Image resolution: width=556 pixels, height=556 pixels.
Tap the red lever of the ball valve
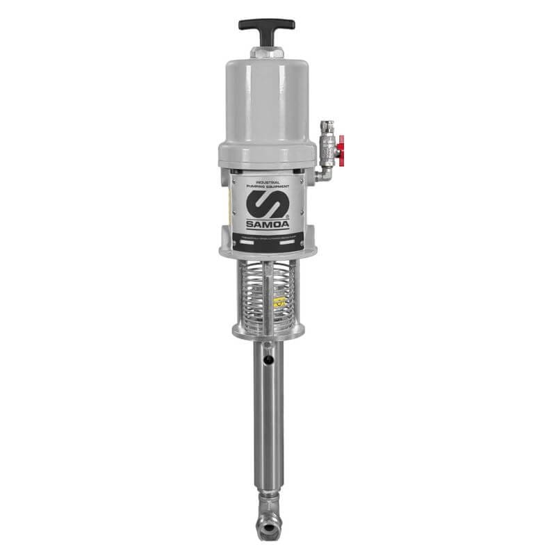[x=340, y=147]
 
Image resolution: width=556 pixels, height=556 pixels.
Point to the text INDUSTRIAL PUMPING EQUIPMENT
[x=268, y=184]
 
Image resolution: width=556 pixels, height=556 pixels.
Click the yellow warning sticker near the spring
[x=279, y=302]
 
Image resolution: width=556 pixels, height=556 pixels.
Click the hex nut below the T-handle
[x=267, y=53]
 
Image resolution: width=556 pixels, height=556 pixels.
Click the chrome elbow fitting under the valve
[x=322, y=174]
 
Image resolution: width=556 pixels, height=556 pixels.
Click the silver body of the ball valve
[x=327, y=148]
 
